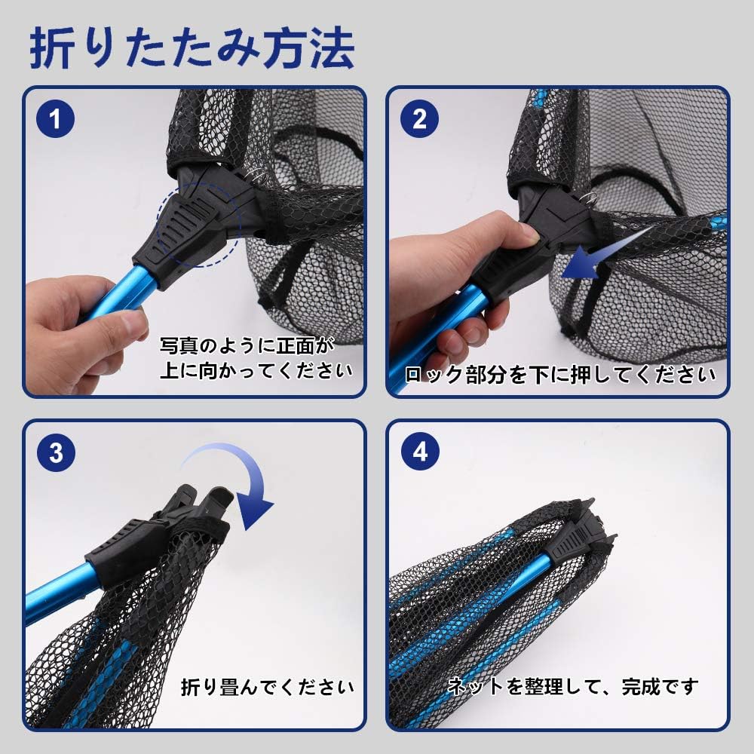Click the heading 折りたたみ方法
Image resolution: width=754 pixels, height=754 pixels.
coord(192,50)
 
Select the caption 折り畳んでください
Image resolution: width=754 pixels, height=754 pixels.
coord(267,688)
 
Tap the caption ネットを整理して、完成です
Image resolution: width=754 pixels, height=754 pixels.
coord(573,686)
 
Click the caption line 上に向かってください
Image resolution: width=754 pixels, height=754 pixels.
coord(256,370)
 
